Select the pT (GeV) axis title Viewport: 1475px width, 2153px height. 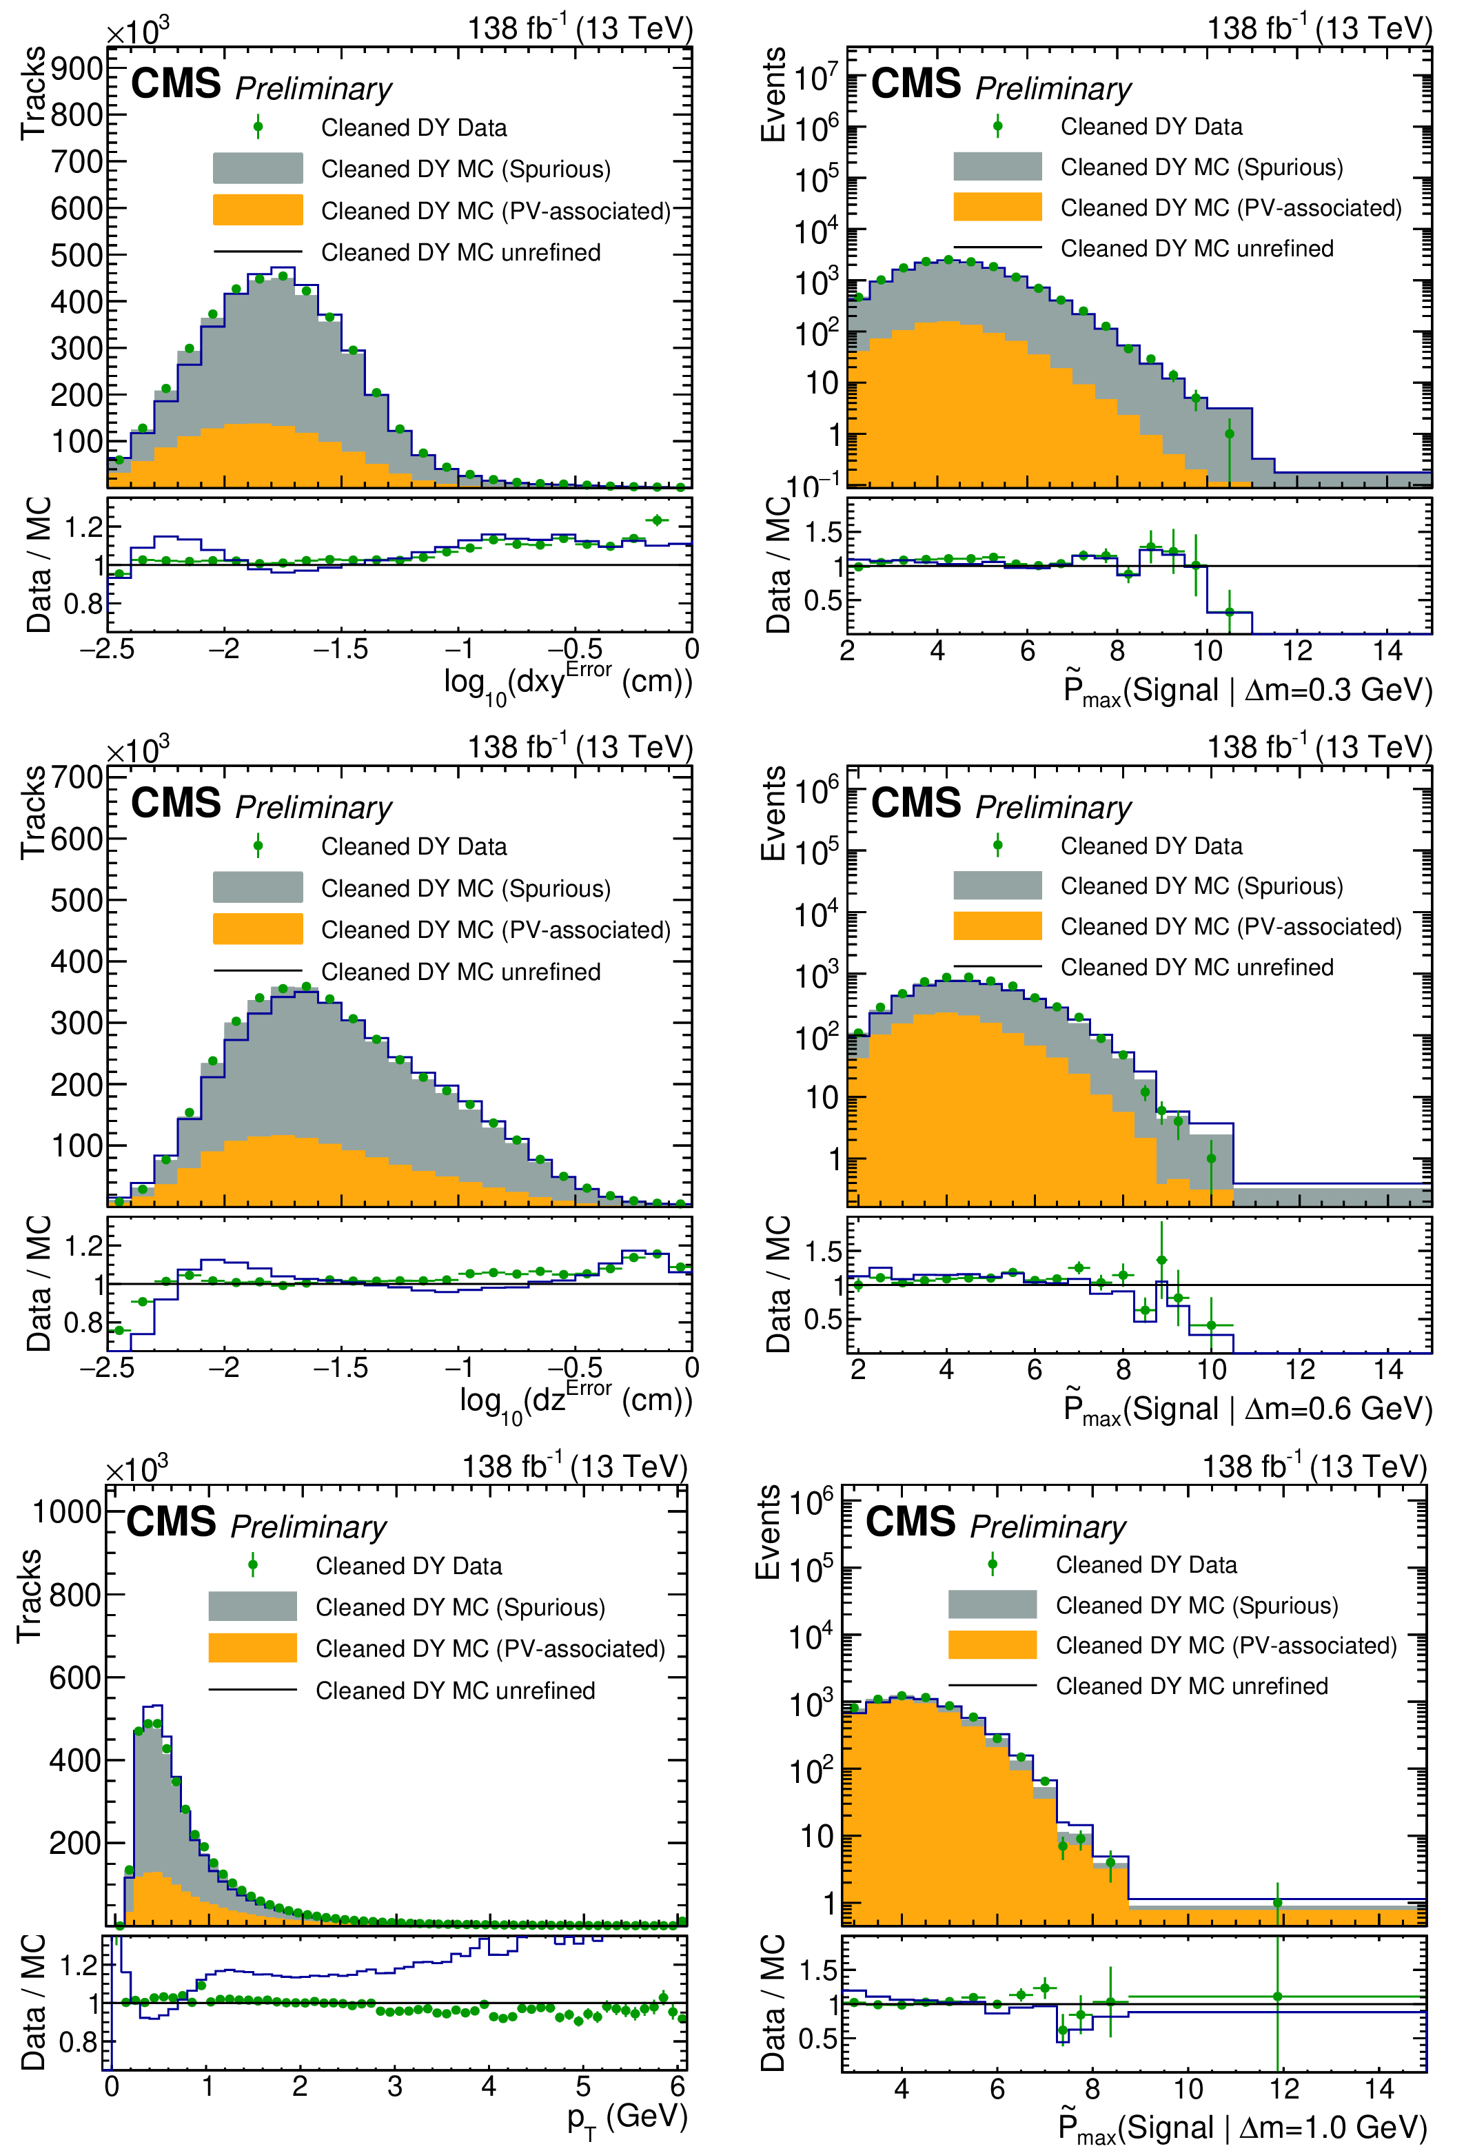[627, 2118]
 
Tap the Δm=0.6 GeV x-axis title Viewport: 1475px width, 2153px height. [1247, 1409]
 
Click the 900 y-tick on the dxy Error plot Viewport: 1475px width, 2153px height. [77, 68]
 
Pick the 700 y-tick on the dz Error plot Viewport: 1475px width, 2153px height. [77, 777]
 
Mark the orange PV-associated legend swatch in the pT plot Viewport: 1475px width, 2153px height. [252, 1647]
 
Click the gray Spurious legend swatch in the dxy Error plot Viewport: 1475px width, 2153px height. [258, 169]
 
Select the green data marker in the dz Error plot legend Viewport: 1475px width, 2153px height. [258, 846]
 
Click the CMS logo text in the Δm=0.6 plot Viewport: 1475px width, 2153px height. [915, 803]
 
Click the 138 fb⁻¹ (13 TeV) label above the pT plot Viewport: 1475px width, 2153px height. [574, 1467]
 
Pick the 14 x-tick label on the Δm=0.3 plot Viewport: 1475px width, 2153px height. [1387, 651]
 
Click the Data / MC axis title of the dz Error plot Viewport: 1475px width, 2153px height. [38, 1284]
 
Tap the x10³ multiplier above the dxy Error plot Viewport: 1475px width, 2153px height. [137, 32]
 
